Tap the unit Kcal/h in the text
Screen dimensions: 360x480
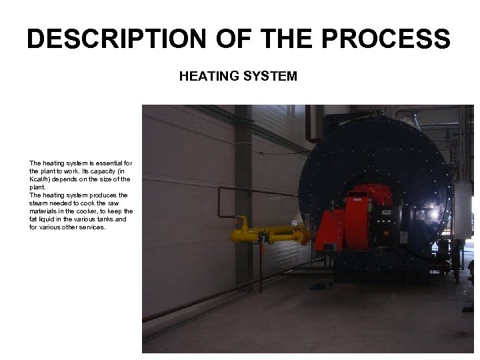40,179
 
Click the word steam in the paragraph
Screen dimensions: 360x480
39,203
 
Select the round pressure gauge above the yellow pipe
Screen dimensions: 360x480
295,221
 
